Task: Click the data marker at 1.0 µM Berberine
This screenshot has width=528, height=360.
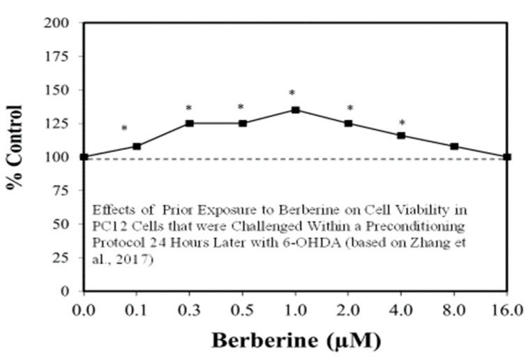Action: (296, 110)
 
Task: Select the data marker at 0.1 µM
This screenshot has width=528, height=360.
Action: (137, 146)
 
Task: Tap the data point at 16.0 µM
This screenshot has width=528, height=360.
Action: (507, 157)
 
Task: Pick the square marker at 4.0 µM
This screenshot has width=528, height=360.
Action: (402, 135)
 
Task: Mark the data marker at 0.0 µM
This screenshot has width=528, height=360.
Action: (84, 157)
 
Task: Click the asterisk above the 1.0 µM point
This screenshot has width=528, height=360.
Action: (293, 93)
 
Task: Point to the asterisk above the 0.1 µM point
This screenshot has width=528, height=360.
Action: (124, 129)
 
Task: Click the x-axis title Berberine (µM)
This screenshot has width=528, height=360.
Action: (296, 341)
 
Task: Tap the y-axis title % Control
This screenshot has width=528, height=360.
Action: (15, 156)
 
